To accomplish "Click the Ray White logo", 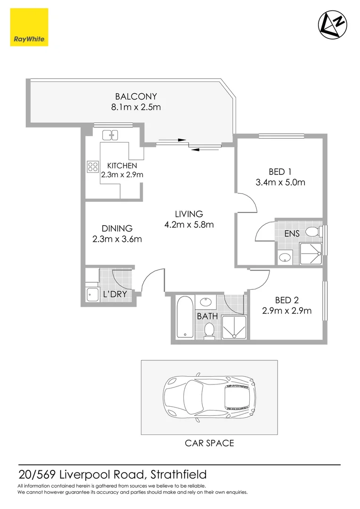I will coord(29,27).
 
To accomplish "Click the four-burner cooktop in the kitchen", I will coord(92,166).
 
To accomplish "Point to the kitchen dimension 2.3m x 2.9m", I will coord(122,174).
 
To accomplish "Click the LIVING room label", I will coord(189,214).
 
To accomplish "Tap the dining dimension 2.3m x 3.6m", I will coord(117,239).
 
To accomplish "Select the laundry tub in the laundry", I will coord(91,295).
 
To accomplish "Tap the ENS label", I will coord(292,233).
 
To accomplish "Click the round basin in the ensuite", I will coord(284,257).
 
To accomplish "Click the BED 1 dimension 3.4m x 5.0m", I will coord(280,182).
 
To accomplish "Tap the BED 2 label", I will coord(287,300).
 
